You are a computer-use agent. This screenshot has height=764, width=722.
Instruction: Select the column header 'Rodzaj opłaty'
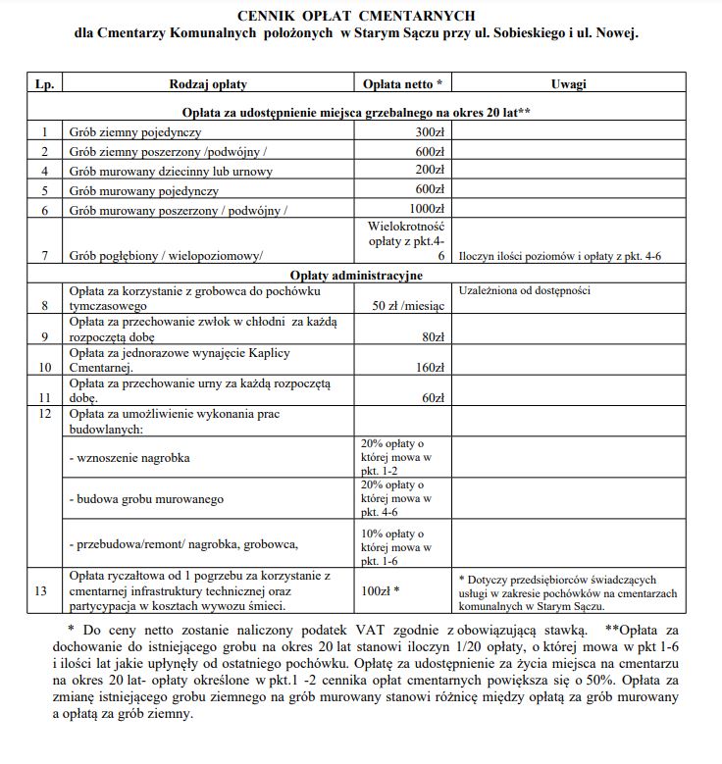208,84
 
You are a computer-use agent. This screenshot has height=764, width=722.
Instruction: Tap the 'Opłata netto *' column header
402,84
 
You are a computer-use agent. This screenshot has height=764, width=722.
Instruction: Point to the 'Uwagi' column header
568,84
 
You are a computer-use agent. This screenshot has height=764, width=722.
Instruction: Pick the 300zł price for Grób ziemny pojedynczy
430,131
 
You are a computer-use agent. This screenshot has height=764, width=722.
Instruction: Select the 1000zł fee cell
427,209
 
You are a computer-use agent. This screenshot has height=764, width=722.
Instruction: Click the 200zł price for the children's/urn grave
430,170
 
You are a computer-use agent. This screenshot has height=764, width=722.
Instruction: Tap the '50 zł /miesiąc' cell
409,305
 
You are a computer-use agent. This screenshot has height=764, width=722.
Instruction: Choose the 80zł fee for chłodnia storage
432,336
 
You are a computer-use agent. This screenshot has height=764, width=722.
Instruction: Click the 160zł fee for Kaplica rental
429,368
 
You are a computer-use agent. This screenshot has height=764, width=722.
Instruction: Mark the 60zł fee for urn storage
432,397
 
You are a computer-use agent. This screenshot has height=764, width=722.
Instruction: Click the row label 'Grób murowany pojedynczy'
143,190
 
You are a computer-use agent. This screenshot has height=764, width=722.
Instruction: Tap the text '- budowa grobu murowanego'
144,499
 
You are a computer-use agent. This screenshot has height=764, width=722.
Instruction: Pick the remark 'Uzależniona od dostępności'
525,290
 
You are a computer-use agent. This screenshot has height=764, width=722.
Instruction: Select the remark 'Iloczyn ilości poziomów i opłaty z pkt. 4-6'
567,256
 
